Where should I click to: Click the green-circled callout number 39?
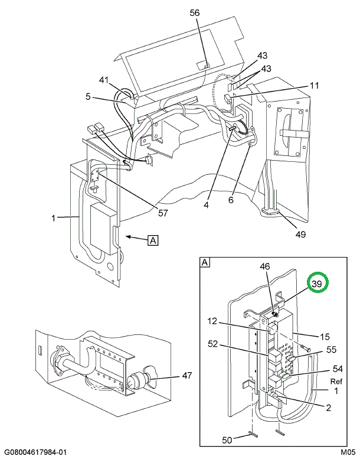point(318,284)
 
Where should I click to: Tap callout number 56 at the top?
point(195,12)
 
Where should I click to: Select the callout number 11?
point(314,85)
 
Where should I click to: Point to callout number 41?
point(104,80)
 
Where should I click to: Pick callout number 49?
point(300,234)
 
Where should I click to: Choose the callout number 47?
point(187,375)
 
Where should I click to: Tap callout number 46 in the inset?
point(266,267)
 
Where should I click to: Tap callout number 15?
point(325,337)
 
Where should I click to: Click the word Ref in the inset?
point(336,381)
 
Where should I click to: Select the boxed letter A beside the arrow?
point(153,240)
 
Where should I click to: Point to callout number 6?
point(231,200)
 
